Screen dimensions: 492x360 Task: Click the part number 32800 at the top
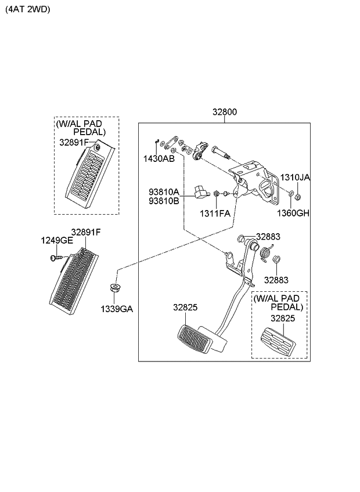tap(224, 113)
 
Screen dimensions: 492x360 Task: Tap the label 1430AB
tap(159, 158)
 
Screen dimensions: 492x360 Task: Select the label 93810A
tap(164, 191)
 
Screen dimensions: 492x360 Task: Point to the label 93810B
tap(164, 201)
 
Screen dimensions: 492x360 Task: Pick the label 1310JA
tap(296, 178)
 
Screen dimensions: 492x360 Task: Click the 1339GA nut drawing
tap(115, 288)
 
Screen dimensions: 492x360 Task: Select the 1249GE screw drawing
tap(57, 258)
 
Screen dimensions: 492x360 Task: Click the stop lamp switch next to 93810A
tap(201, 190)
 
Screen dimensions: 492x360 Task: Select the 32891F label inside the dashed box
tap(74, 142)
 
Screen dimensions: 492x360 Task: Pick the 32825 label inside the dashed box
tap(282, 318)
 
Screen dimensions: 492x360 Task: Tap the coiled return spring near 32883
tap(265, 254)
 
